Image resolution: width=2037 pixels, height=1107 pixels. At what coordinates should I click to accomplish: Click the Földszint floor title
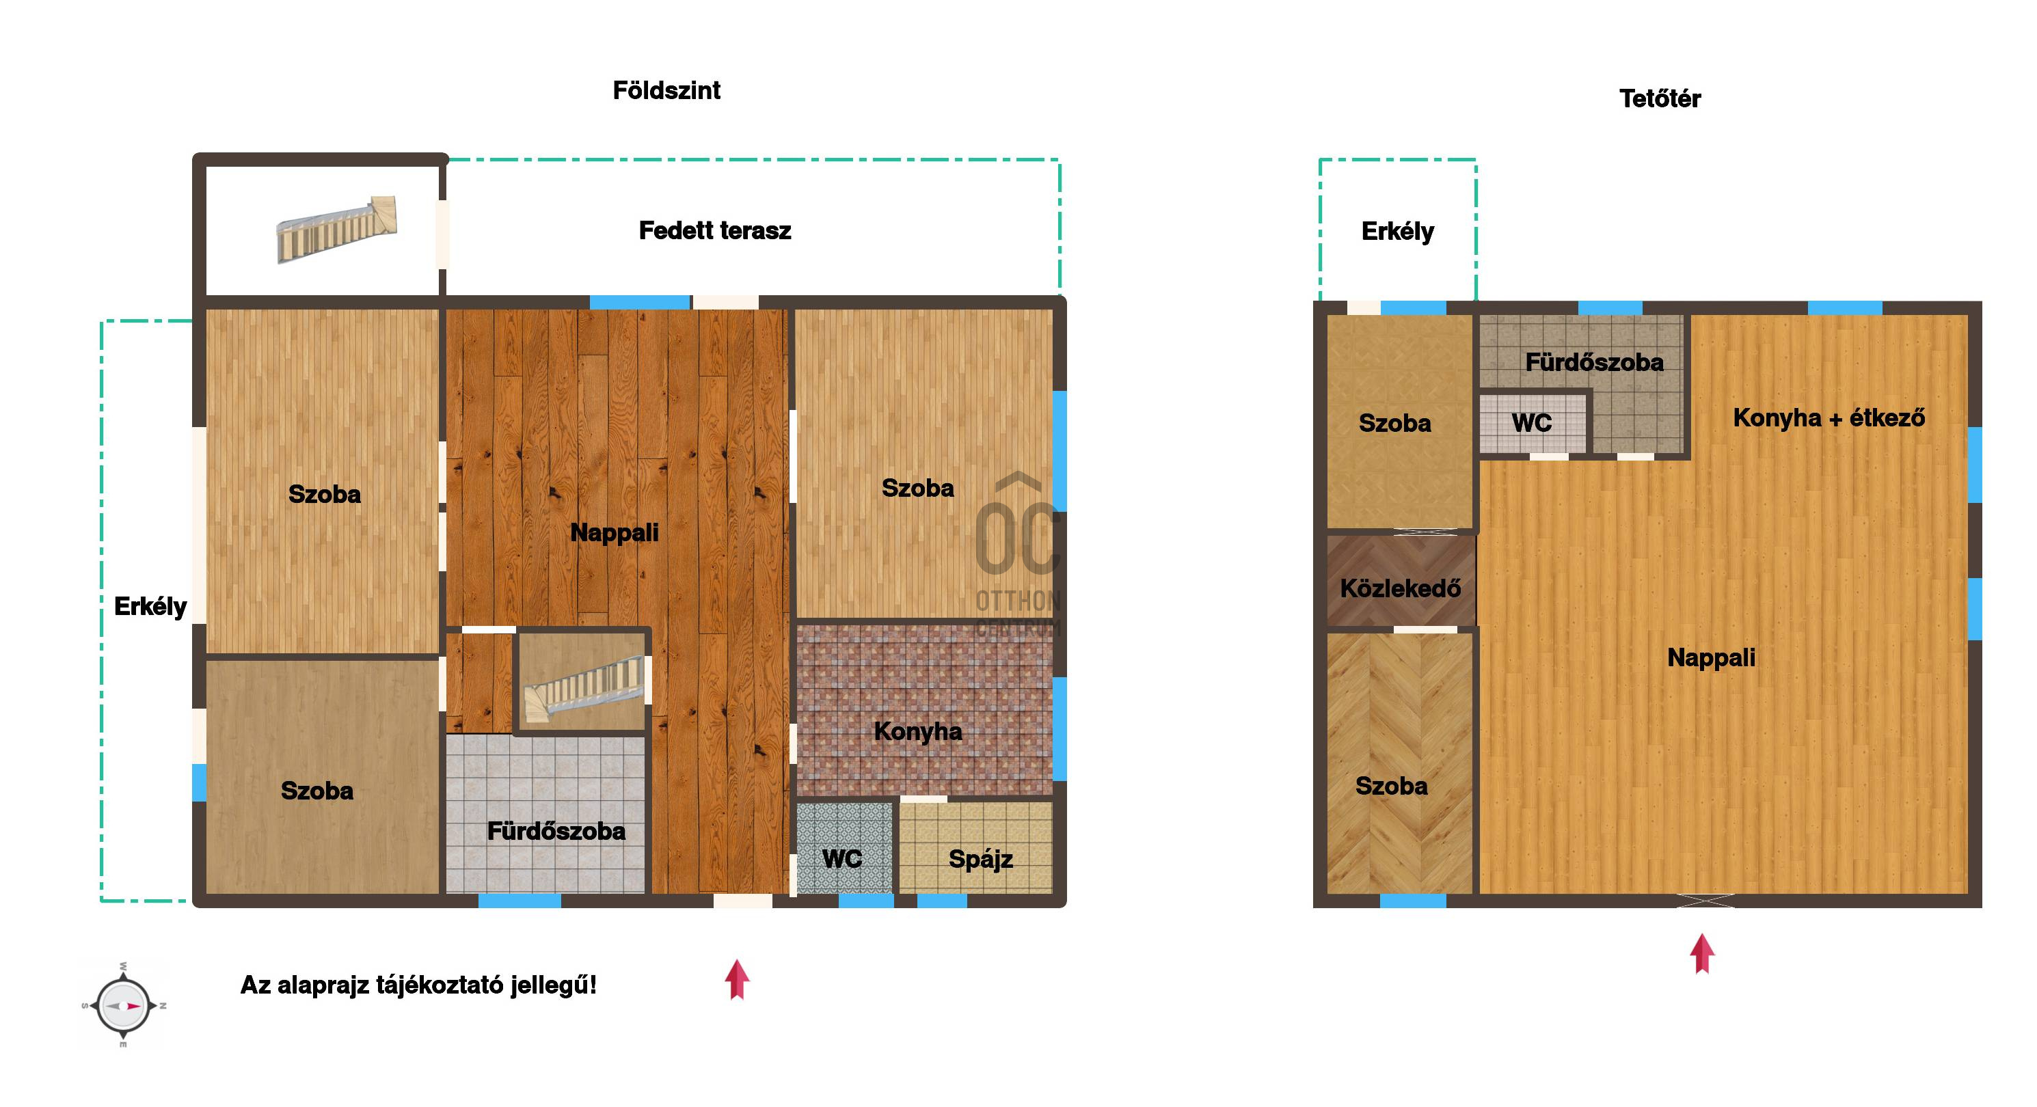(x=666, y=90)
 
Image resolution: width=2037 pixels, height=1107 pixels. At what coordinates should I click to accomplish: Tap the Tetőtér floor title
(x=1660, y=99)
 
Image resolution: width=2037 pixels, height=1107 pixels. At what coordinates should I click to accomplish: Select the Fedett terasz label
(x=715, y=230)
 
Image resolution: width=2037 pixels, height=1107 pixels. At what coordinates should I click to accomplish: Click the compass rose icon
(x=123, y=1006)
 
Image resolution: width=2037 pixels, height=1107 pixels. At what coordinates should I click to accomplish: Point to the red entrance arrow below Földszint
(x=737, y=980)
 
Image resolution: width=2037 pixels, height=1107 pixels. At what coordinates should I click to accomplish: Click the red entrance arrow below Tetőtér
(x=1702, y=954)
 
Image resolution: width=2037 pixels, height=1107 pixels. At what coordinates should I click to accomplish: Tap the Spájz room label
(x=980, y=860)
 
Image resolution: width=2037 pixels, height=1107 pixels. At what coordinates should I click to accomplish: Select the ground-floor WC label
(x=841, y=859)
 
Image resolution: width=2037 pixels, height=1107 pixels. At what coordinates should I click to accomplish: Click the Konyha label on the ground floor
(x=918, y=731)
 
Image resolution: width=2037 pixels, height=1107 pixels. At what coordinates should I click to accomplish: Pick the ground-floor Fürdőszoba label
(x=556, y=831)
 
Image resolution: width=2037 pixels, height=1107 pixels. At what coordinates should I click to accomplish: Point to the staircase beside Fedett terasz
(x=336, y=230)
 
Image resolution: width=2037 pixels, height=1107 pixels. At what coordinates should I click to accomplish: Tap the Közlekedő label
(x=1401, y=588)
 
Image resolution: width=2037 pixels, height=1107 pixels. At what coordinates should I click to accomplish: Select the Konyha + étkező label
(x=1829, y=418)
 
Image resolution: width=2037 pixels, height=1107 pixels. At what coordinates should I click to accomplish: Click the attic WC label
(x=1532, y=423)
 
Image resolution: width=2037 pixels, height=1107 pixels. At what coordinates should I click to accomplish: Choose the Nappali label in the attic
(x=1711, y=658)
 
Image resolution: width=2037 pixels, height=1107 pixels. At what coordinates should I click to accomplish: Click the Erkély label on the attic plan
(x=1397, y=232)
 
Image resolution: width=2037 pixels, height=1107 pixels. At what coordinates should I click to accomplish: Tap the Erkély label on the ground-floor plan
(x=150, y=607)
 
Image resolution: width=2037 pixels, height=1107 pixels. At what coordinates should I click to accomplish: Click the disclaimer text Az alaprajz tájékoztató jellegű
(x=418, y=985)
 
